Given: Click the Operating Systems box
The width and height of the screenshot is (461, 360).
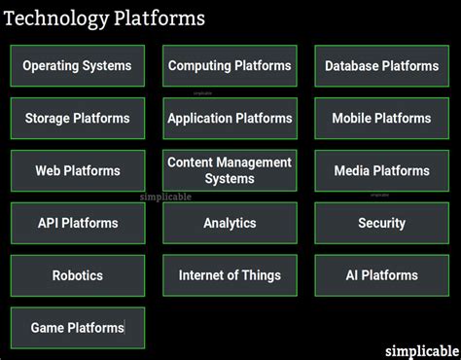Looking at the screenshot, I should coord(78,66).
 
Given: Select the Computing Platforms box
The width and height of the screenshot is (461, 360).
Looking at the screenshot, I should coord(230,66).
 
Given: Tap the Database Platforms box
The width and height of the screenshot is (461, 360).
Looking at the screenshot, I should coord(381,66).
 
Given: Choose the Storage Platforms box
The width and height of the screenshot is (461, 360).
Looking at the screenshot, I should coord(78,119).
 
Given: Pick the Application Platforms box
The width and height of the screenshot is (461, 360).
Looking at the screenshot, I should coord(230,119).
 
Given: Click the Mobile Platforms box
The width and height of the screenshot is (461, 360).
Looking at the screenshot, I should coord(381,119).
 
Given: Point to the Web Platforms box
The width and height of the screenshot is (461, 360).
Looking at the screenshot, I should coord(78,171).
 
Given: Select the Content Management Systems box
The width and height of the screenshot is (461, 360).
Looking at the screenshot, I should coord(230,170).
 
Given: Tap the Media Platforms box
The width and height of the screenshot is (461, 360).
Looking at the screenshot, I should coord(381,171).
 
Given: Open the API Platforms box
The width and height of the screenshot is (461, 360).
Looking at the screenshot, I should coord(78,223).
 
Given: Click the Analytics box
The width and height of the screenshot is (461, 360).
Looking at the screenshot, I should coord(230,223).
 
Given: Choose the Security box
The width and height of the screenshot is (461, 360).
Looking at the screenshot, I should coord(381,223).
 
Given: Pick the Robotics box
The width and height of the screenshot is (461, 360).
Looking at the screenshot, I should coord(78,275).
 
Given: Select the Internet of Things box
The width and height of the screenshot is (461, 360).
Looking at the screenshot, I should coord(230,275).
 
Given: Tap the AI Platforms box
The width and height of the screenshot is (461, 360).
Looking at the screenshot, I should coord(381,275).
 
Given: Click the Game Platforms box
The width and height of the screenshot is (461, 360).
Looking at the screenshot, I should coord(78,328).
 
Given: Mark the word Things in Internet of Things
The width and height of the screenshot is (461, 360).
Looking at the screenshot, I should coord(262,275).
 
